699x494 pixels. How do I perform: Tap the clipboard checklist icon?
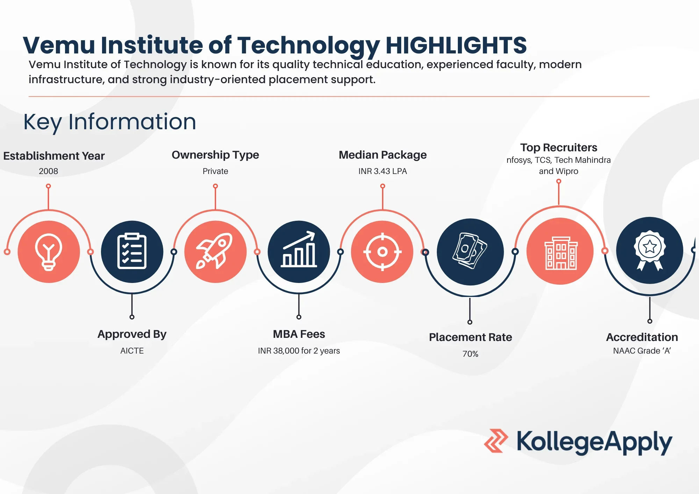pyautogui.click(x=132, y=251)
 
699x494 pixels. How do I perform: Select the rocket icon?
pyautogui.click(x=215, y=251)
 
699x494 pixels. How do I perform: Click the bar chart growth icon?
pyautogui.click(x=299, y=249)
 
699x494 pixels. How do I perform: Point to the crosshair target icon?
pyautogui.click(x=382, y=252)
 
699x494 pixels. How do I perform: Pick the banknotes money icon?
pyautogui.click(x=470, y=251)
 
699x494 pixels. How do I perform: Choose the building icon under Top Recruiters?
pyautogui.click(x=561, y=253)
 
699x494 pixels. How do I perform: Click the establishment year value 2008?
pyautogui.click(x=49, y=171)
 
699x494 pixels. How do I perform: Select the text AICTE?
pyautogui.click(x=132, y=351)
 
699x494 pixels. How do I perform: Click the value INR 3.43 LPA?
pyautogui.click(x=383, y=171)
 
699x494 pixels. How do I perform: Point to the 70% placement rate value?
pyautogui.click(x=470, y=354)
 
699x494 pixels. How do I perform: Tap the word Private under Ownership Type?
pyautogui.click(x=215, y=171)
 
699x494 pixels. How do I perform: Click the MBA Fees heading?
pyautogui.click(x=299, y=334)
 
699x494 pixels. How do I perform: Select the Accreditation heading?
pyautogui.click(x=642, y=337)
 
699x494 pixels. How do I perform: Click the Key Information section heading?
pyautogui.click(x=110, y=122)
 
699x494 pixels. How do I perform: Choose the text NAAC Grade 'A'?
pyautogui.click(x=642, y=351)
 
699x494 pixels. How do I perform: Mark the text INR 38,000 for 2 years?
pyautogui.click(x=299, y=351)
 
